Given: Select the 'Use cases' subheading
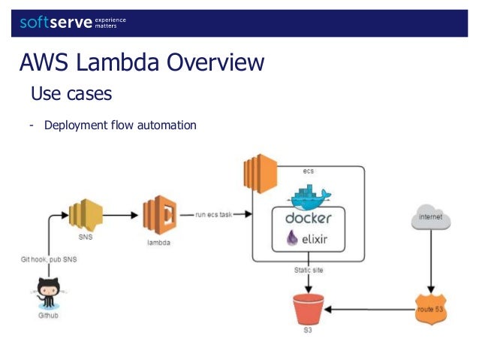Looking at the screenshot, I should click(71, 94).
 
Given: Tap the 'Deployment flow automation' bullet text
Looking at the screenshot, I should click(120, 125).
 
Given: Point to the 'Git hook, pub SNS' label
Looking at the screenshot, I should click(49, 259).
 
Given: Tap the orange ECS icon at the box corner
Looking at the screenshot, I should click(258, 171).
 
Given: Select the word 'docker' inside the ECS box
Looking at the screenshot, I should click(309, 219).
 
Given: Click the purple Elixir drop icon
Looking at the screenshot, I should click(291, 241).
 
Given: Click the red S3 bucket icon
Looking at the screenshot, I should click(308, 309).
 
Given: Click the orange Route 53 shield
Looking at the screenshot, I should click(431, 308).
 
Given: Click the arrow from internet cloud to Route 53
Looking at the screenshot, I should click(431, 263).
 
